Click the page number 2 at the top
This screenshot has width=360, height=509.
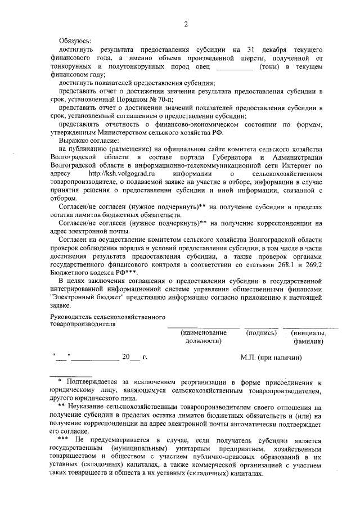click(185, 24)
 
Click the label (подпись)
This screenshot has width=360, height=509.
click(262, 333)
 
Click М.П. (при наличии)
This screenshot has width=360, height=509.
click(271, 357)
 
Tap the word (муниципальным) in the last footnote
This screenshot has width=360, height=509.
click(143, 448)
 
